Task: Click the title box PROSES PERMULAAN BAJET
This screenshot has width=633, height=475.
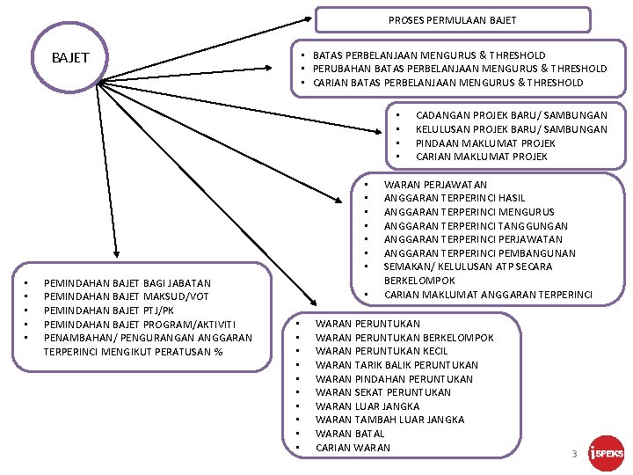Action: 452,20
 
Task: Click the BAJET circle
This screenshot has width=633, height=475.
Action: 70,58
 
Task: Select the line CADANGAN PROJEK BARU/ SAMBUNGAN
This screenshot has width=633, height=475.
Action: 511,115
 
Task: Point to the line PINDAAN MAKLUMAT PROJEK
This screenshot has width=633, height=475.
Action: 485,142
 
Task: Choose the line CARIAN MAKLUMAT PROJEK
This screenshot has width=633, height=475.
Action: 481,157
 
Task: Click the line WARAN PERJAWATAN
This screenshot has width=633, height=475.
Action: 435,185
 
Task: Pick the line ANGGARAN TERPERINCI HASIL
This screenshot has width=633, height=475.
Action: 455,198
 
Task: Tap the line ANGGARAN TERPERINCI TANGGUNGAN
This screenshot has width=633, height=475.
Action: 476,225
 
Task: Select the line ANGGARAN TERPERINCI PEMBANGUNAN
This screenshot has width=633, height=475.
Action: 480,252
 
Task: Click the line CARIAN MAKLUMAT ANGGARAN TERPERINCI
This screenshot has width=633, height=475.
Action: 488,294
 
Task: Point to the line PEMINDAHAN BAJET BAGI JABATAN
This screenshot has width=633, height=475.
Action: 127,283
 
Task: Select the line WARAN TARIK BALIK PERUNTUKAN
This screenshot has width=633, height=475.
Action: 397,365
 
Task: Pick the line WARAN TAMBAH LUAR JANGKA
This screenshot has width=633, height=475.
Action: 389,420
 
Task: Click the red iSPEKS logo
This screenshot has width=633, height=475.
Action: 606,453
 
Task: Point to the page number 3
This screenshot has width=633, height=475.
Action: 573,455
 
